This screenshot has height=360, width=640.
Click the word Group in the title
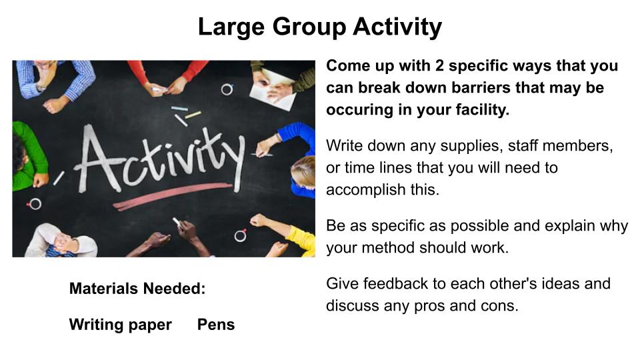pos(309,27)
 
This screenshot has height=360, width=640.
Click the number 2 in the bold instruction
pos(439,66)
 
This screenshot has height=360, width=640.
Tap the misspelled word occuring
pos(359,110)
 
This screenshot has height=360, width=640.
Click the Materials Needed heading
pos(137,289)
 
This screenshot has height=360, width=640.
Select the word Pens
pos(216,325)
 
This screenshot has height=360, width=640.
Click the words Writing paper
pos(121,325)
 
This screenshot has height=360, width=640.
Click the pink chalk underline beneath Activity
pos(172,196)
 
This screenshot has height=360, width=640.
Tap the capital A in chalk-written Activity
pos(97,159)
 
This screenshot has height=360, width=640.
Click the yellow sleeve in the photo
pos(301,241)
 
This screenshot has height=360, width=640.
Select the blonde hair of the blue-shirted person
pos(303,171)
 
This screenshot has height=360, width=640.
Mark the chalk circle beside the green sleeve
pos(35,204)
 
